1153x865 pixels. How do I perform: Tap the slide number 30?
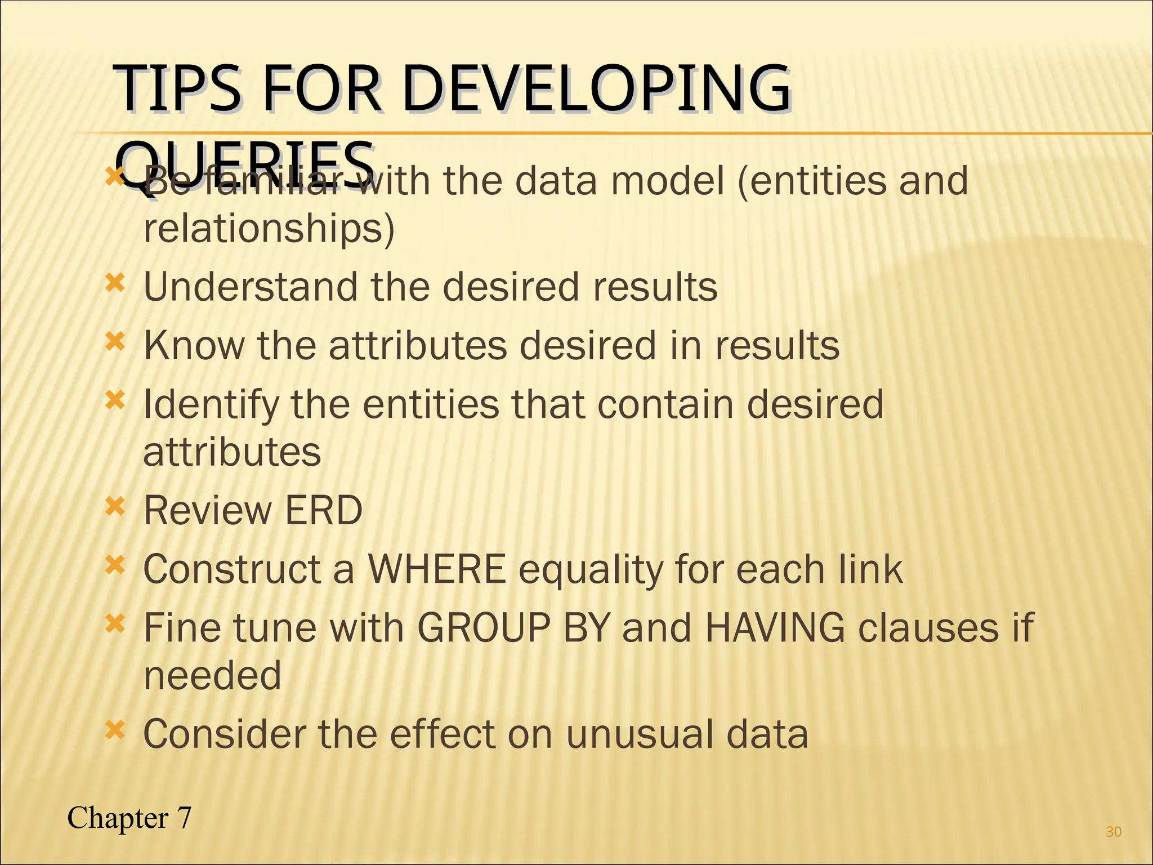click(1114, 832)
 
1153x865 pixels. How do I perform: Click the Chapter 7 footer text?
click(129, 818)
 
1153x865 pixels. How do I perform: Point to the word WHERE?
click(437, 569)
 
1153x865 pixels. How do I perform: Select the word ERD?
click(323, 510)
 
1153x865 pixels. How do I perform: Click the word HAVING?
click(774, 627)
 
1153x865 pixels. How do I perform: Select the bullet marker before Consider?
click(114, 730)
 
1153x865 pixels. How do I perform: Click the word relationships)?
click(269, 229)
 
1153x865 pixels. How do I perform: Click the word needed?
click(212, 675)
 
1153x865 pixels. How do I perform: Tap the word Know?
click(194, 345)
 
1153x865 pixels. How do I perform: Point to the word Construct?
click(232, 569)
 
